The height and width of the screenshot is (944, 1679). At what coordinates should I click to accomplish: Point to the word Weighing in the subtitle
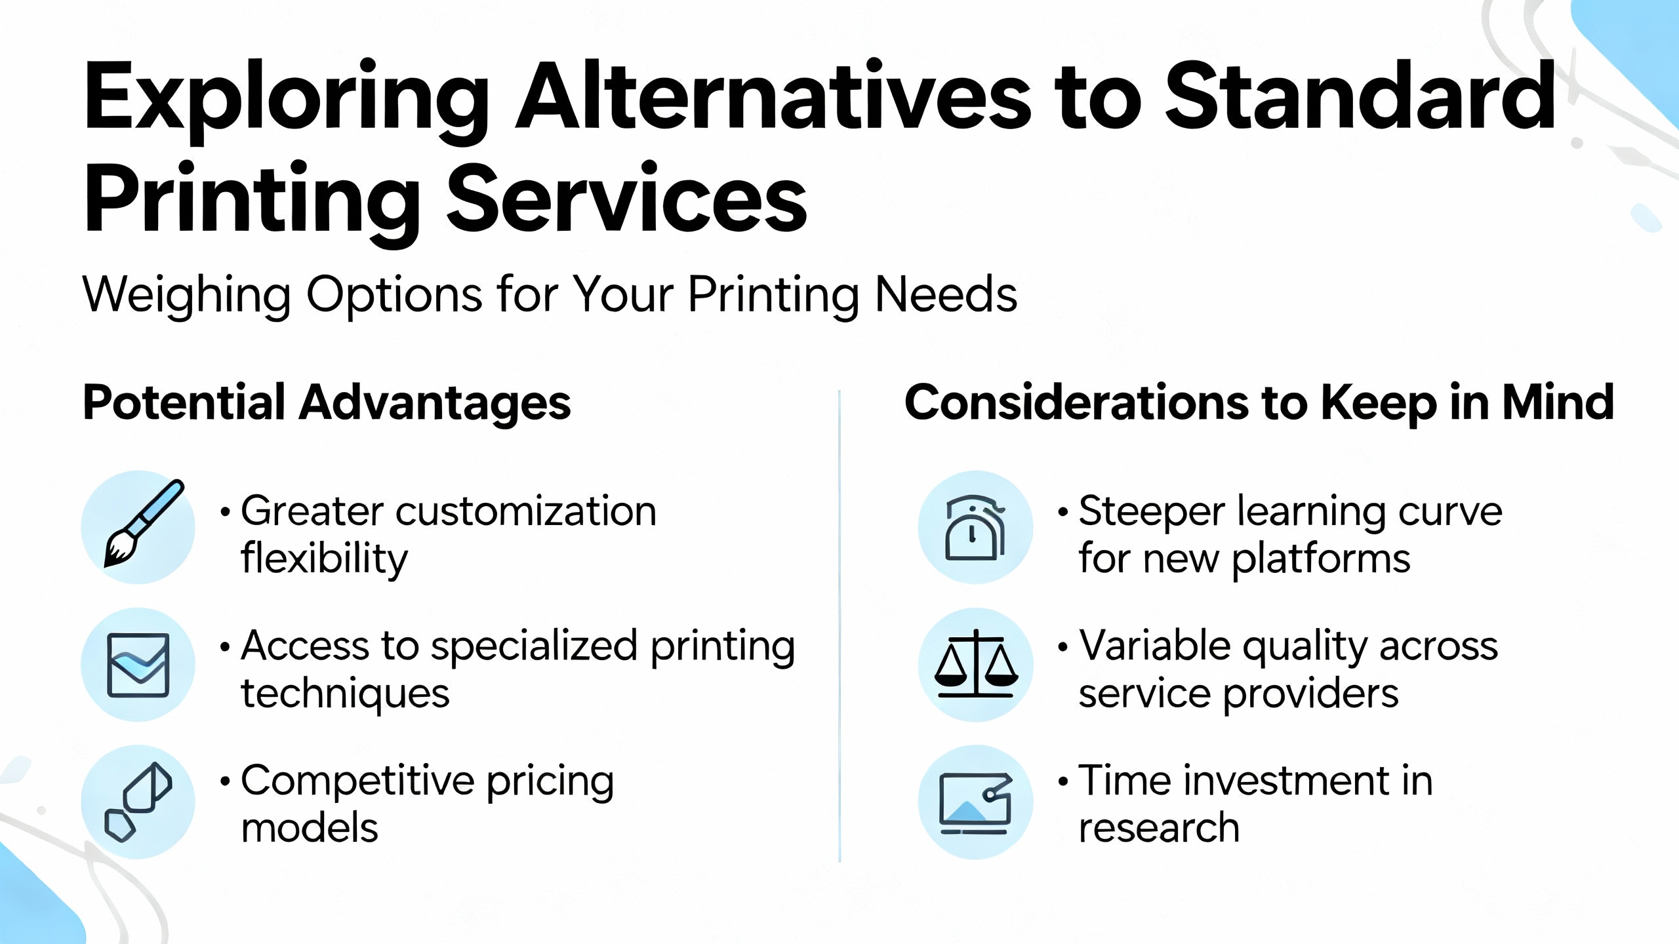tap(186, 295)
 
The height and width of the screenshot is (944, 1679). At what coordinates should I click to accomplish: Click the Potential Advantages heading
tap(327, 403)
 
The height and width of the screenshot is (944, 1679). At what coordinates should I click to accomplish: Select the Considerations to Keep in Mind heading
tap(1259, 403)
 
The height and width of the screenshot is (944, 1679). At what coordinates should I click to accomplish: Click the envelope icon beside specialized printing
tap(138, 665)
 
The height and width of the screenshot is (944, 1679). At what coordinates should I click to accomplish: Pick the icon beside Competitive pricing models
tap(138, 801)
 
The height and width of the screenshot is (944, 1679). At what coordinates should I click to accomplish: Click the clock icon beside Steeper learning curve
tap(975, 527)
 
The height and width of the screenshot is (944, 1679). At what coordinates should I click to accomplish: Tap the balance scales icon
tap(975, 665)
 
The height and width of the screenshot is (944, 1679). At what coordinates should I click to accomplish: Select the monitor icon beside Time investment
tap(975, 801)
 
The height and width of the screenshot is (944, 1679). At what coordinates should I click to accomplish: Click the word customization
tap(525, 511)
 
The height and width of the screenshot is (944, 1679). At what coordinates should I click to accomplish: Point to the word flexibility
tap(324, 559)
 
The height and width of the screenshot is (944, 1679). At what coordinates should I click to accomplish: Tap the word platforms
tap(1321, 559)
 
